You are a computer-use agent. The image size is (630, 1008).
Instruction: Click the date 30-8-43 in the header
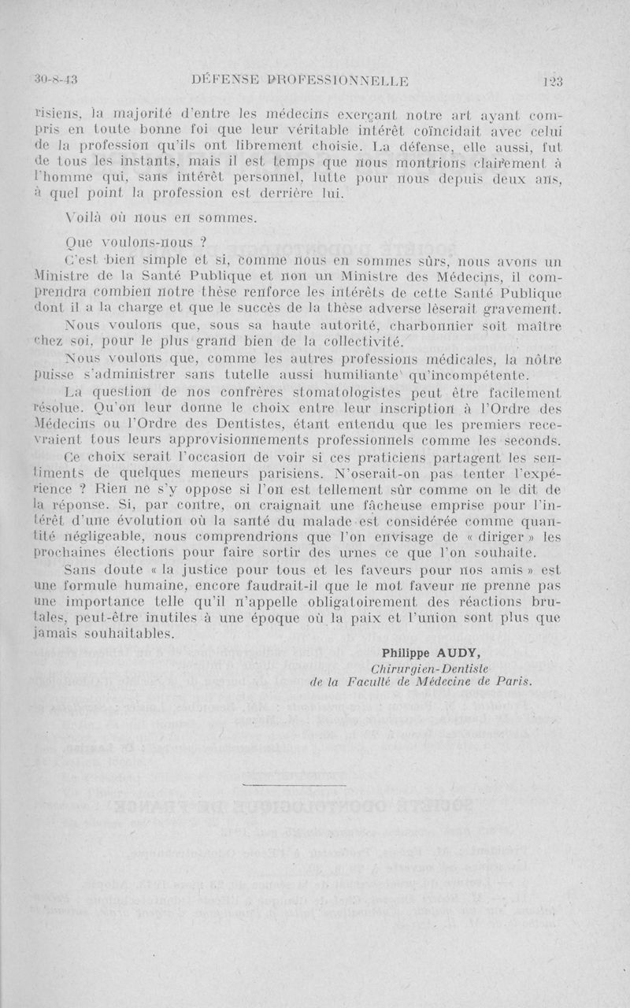click(61, 79)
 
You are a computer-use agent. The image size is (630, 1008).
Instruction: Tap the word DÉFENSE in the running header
click(226, 79)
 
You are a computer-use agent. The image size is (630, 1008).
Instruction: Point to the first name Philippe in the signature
click(407, 653)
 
